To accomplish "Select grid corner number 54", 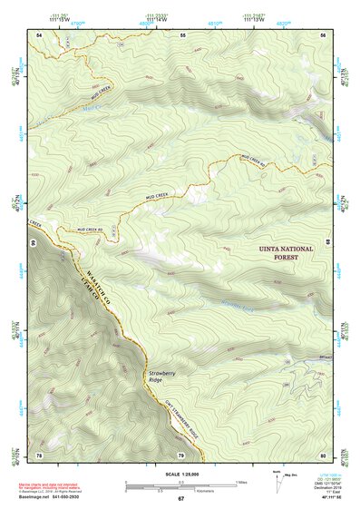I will (x=39, y=34).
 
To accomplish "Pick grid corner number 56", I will (x=324, y=34).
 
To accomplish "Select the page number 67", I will (x=180, y=499).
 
